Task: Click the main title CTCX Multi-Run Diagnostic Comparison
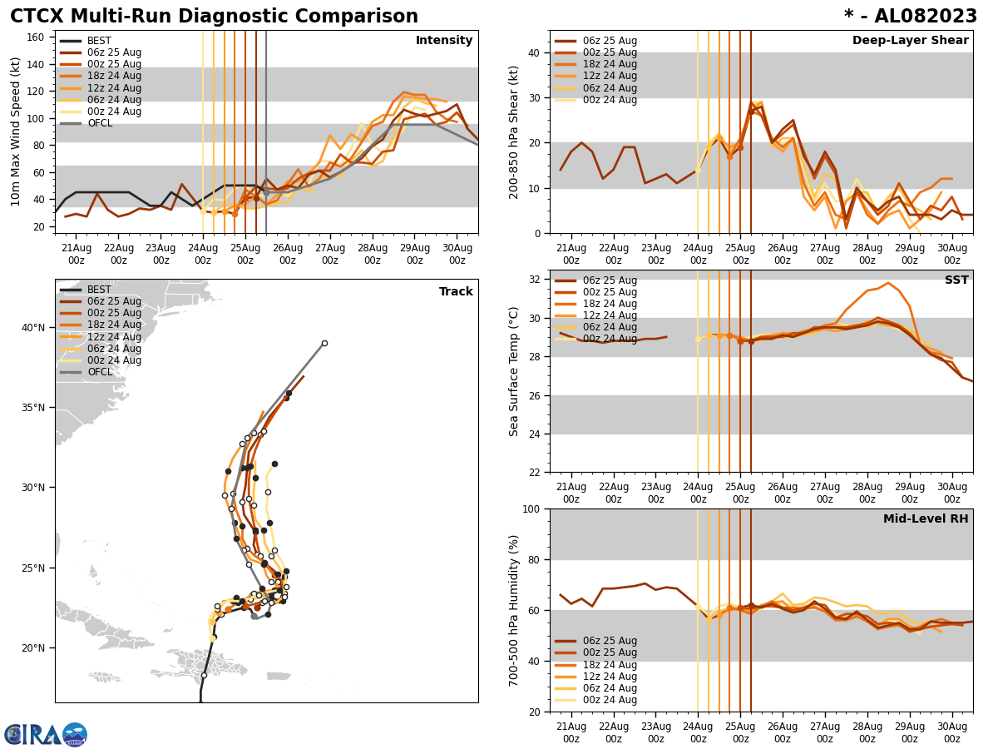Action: (214, 17)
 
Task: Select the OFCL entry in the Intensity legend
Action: (100, 123)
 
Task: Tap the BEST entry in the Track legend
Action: (99, 290)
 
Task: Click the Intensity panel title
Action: (444, 41)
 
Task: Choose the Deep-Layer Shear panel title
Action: (910, 41)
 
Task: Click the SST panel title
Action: (956, 280)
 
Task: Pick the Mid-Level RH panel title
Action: (926, 519)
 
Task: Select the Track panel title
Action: (456, 292)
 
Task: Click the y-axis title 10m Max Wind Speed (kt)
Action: (16, 131)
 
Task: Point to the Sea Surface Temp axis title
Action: (514, 371)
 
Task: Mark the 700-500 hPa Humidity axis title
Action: (514, 610)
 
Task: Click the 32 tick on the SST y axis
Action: (532, 280)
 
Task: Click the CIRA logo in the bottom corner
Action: (46, 735)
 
